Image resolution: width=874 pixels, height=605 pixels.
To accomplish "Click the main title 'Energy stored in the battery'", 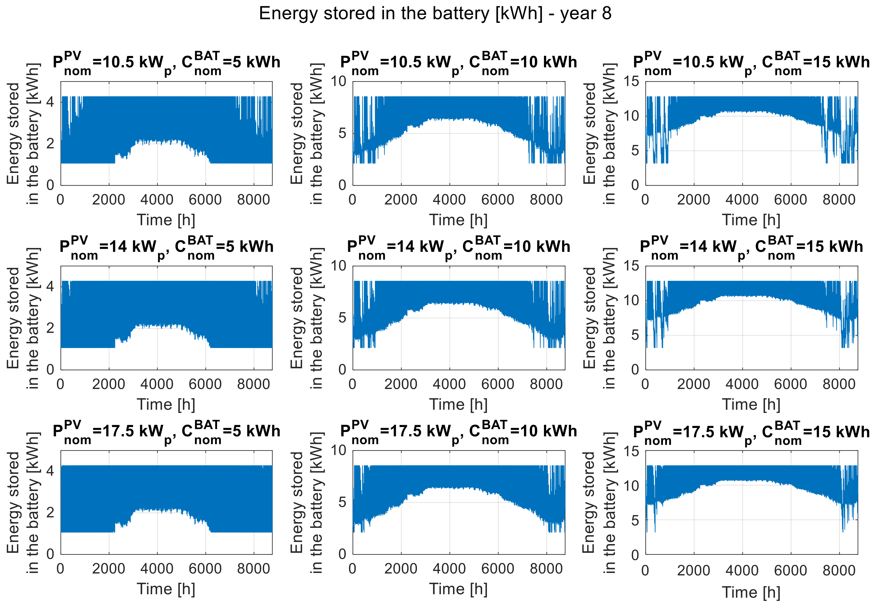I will (x=435, y=14).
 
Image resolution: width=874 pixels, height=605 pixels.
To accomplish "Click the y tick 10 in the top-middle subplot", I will (x=339, y=81).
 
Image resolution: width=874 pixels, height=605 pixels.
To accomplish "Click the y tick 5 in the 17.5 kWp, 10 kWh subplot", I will (x=342, y=502).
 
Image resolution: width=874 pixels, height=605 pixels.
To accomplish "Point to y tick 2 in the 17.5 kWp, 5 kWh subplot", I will (x=50, y=513).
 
